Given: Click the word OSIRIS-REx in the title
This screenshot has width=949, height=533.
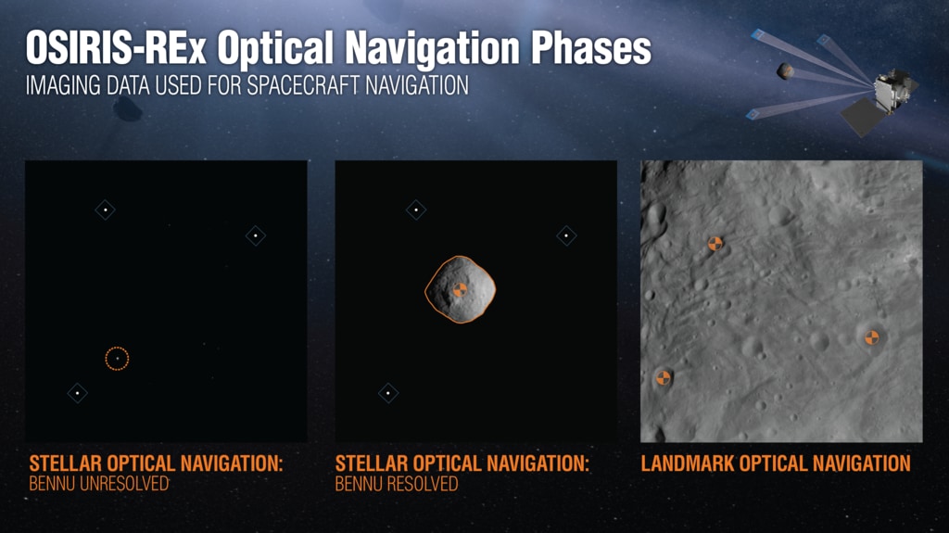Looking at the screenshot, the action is point(116,48).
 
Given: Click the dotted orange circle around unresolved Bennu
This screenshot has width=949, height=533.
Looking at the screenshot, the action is point(117,347).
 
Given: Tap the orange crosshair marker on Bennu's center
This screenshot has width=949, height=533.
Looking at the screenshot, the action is point(460,289).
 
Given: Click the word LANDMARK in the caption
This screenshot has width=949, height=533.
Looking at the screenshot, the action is point(688,463).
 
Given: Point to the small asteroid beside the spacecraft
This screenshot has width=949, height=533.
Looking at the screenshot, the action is point(785,70).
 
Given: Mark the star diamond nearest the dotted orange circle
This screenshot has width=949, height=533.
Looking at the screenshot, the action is point(78,393).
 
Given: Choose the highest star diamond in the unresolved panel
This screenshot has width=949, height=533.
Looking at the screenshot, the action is point(106,210).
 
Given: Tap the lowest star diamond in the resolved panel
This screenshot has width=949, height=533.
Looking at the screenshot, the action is point(388,393).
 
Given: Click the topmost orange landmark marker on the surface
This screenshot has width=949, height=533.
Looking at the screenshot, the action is point(715,244).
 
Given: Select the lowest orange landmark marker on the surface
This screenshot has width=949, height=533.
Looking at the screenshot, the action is point(664,378).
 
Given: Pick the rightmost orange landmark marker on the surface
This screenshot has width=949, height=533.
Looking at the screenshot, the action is point(871,337).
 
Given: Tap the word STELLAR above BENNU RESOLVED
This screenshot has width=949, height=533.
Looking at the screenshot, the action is point(369,463).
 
